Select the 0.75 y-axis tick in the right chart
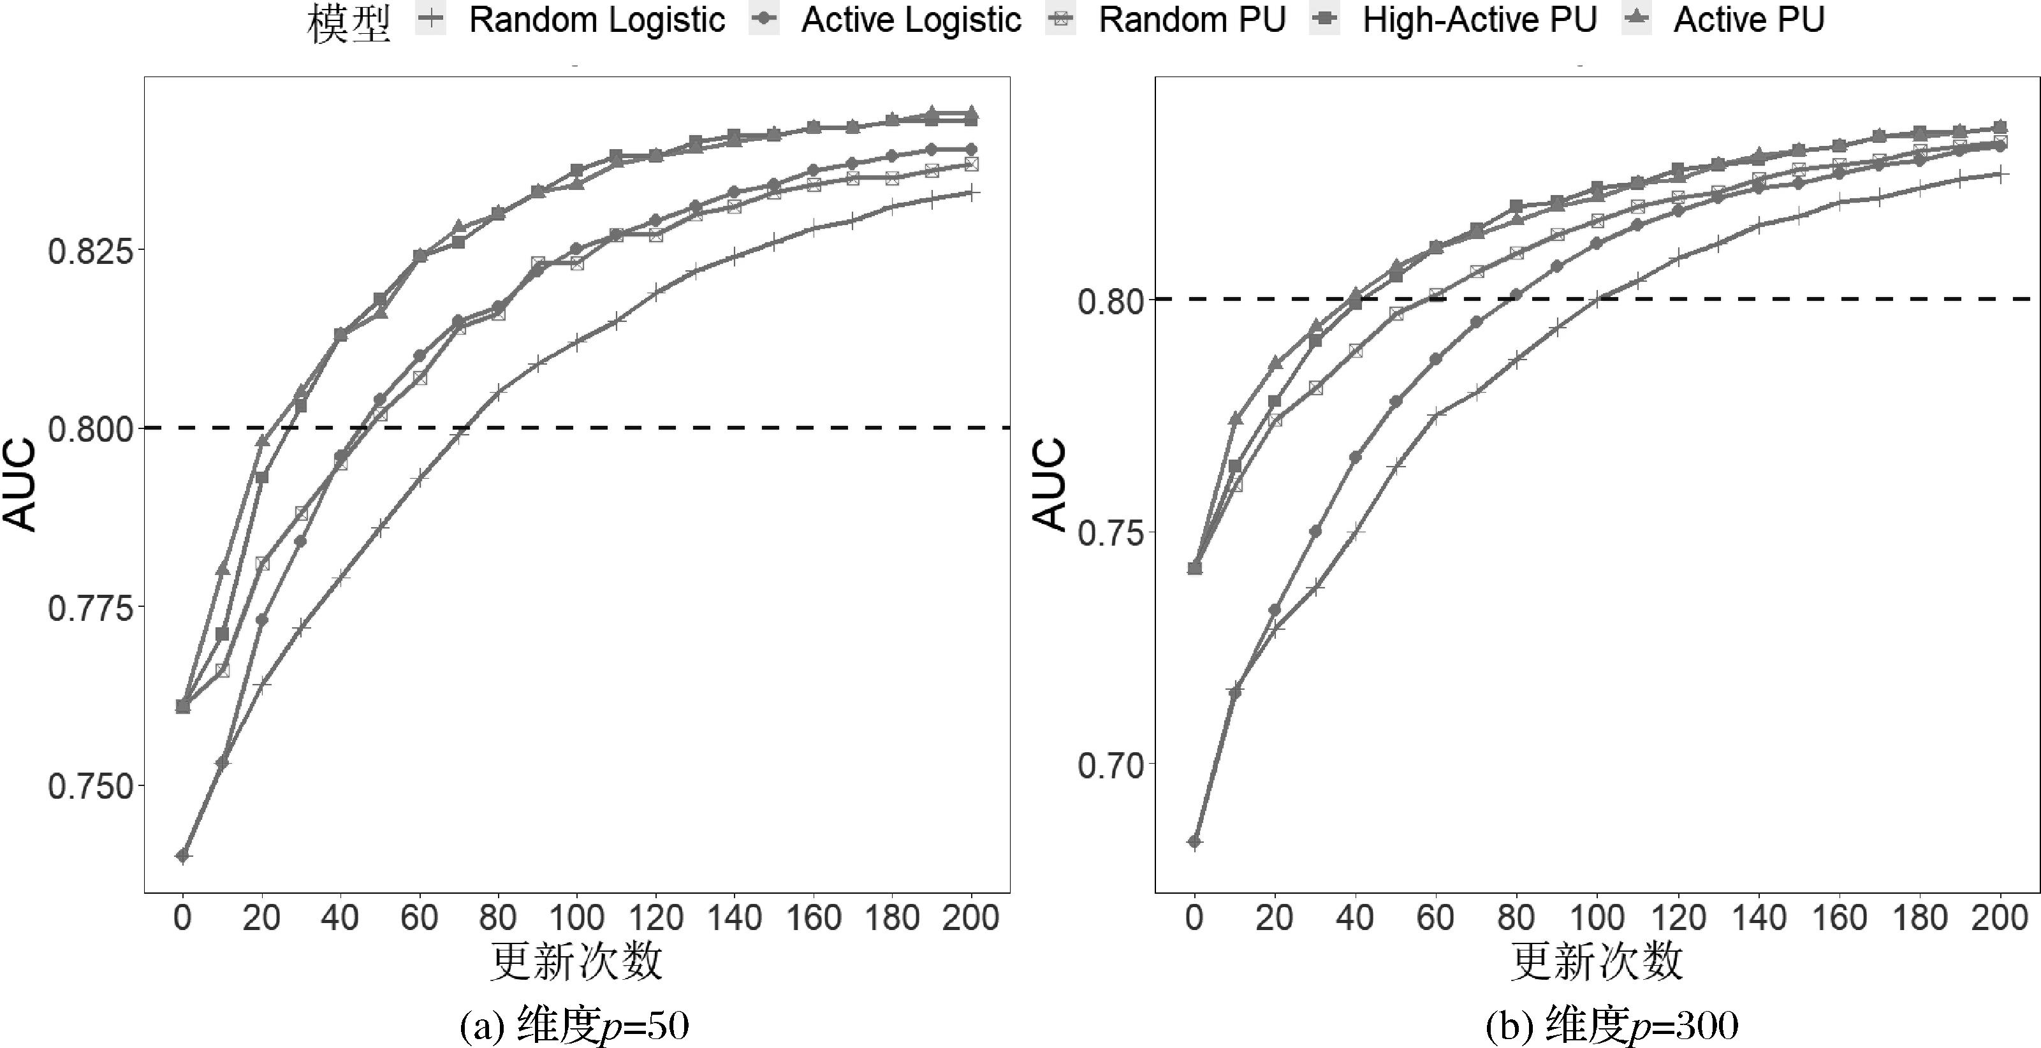tap(1107, 533)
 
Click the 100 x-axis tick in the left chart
tap(577, 918)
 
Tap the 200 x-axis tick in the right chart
tap(2000, 918)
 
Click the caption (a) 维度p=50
tap(574, 1026)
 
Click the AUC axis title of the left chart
tap(19, 484)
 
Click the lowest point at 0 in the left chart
tap(183, 855)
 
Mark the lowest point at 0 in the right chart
tap(1195, 841)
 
